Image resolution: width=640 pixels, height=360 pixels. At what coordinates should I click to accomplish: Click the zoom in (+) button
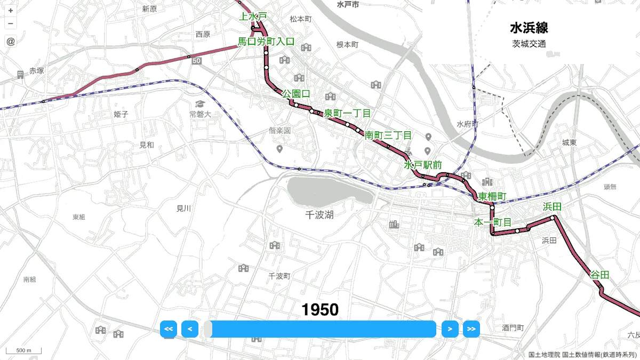coord(11,10)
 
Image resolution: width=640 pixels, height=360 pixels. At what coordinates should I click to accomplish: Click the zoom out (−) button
coord(11,23)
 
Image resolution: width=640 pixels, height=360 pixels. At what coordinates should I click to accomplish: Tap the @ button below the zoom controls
coord(11,41)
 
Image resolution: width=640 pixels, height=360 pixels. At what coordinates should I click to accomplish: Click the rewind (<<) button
coord(169,329)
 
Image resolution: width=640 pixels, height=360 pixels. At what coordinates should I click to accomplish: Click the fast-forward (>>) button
coord(471,329)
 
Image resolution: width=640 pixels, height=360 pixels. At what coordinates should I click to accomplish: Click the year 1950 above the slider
coord(320,310)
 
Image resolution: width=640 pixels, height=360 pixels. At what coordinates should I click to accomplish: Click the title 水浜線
coord(529,28)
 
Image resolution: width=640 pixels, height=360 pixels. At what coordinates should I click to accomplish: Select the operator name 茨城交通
coord(529,44)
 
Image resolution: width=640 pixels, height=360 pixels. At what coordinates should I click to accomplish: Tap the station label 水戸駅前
coord(423,165)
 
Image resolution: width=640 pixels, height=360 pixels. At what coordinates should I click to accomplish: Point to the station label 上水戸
coord(253,17)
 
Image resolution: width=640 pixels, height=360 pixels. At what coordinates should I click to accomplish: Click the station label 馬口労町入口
coord(266,41)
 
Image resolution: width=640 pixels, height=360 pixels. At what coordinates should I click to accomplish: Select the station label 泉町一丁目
coord(347,113)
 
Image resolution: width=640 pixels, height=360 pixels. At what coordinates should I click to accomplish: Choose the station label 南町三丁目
coord(388,135)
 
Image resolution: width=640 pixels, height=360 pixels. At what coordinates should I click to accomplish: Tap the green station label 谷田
coord(599,275)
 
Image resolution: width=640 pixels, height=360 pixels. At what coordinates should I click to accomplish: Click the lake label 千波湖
coord(319,215)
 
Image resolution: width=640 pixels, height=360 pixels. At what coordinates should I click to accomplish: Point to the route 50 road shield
coord(197,61)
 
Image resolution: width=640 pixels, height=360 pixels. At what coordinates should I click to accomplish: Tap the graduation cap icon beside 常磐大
coord(200,103)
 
